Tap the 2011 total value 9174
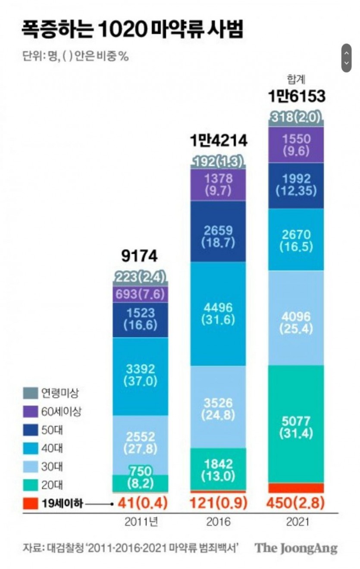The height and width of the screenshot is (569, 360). click(140, 257)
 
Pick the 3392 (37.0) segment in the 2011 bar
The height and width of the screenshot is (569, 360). click(141, 375)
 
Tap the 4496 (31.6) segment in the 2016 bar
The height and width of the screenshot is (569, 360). click(219, 313)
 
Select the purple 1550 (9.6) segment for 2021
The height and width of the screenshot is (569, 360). click(296, 144)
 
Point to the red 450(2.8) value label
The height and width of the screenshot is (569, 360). click(296, 503)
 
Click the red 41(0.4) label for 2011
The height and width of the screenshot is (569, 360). click(141, 503)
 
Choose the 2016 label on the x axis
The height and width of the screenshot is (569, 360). click(219, 522)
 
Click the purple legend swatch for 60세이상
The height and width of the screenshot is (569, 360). click(30, 412)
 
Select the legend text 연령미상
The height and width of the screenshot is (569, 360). click(60, 393)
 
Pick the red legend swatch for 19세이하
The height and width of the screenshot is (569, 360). click(30, 503)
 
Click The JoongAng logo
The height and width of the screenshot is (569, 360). click(296, 549)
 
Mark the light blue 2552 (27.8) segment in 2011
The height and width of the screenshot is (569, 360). click(141, 442)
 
